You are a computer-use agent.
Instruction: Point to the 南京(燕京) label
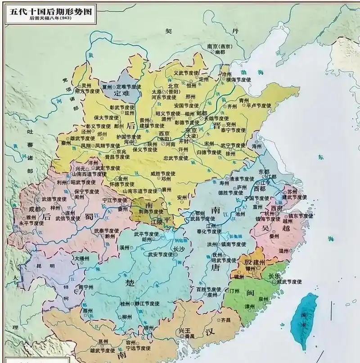pos(219,46)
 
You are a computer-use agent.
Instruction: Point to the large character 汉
pos(209,333)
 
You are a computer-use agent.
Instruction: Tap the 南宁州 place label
pos(87,287)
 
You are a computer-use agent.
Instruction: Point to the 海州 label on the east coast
pos(257,146)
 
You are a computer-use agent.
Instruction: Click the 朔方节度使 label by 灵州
pos(87,91)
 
